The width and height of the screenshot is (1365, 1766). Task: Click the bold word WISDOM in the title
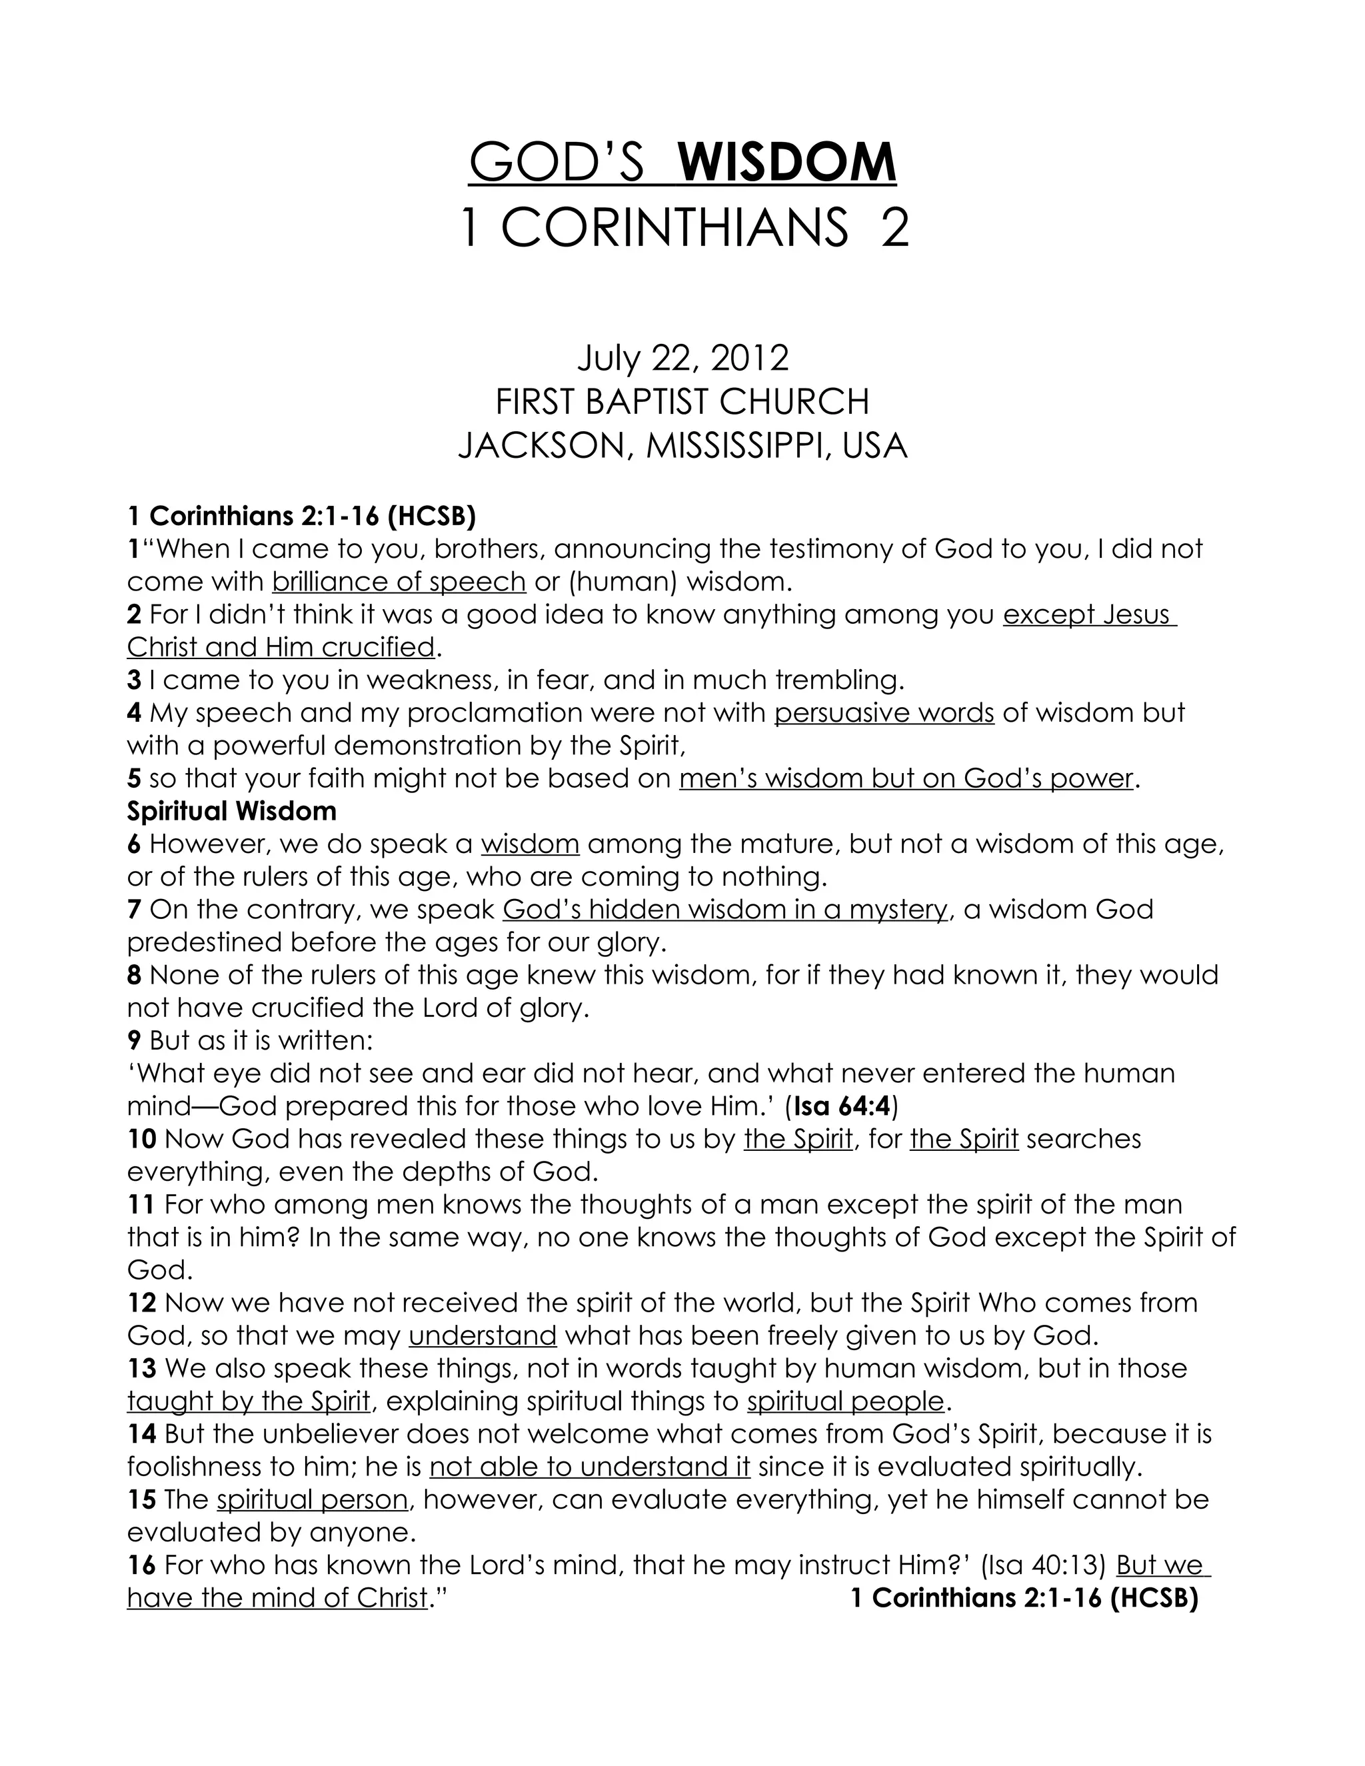pos(787,163)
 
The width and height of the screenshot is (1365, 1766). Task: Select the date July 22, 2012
pos(682,359)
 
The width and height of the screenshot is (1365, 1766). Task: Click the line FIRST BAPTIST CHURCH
pos(682,402)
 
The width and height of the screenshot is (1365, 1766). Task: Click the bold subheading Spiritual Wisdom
pos(231,810)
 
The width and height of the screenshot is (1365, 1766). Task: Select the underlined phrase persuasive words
pos(884,712)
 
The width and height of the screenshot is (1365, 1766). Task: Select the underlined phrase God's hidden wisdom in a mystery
pos(724,910)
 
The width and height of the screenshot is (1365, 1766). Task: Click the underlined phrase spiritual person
pos(312,1500)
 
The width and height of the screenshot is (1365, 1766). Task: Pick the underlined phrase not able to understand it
pos(589,1467)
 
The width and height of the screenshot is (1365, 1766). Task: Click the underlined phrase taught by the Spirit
pos(248,1401)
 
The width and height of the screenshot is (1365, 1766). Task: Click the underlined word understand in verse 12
pos(483,1335)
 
